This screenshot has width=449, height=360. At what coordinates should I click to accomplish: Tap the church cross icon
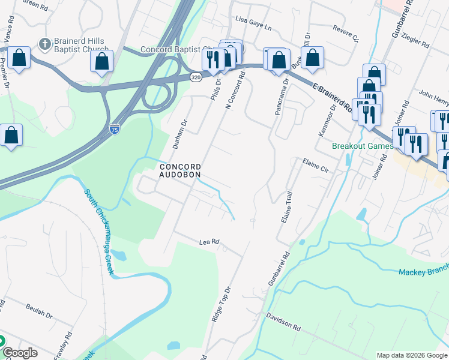[44, 43]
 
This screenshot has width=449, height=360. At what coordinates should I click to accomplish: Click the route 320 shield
[196, 77]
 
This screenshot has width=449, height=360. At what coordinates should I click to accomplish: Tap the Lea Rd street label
[209, 242]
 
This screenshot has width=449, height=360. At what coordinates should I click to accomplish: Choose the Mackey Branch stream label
[423, 272]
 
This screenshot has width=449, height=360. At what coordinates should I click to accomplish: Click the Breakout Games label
[363, 146]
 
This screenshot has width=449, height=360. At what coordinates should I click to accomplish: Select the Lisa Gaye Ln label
[253, 27]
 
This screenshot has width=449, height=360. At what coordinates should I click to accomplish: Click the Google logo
[20, 352]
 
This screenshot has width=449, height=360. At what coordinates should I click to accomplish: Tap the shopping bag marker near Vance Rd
[19, 58]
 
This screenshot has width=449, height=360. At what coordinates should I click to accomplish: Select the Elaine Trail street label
[286, 207]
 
